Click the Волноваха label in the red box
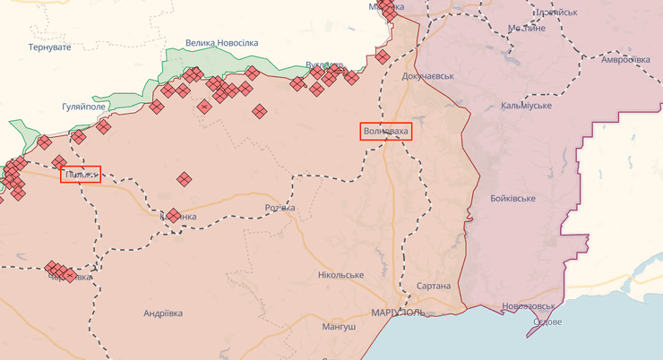click(x=385, y=133)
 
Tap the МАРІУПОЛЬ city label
click(x=397, y=313)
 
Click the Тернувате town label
click(x=49, y=47)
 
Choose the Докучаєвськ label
click(x=428, y=76)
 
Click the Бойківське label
click(x=513, y=197)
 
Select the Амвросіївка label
click(x=624, y=60)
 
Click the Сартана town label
click(x=435, y=286)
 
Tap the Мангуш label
click(x=338, y=328)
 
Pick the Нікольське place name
click(x=340, y=274)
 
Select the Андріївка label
click(x=163, y=313)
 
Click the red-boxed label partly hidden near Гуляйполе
click(x=81, y=175)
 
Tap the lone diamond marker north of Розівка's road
click(x=184, y=179)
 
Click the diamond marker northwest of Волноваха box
click(x=383, y=57)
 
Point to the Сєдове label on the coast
click(x=547, y=322)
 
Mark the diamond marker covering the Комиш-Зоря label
click(x=175, y=215)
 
